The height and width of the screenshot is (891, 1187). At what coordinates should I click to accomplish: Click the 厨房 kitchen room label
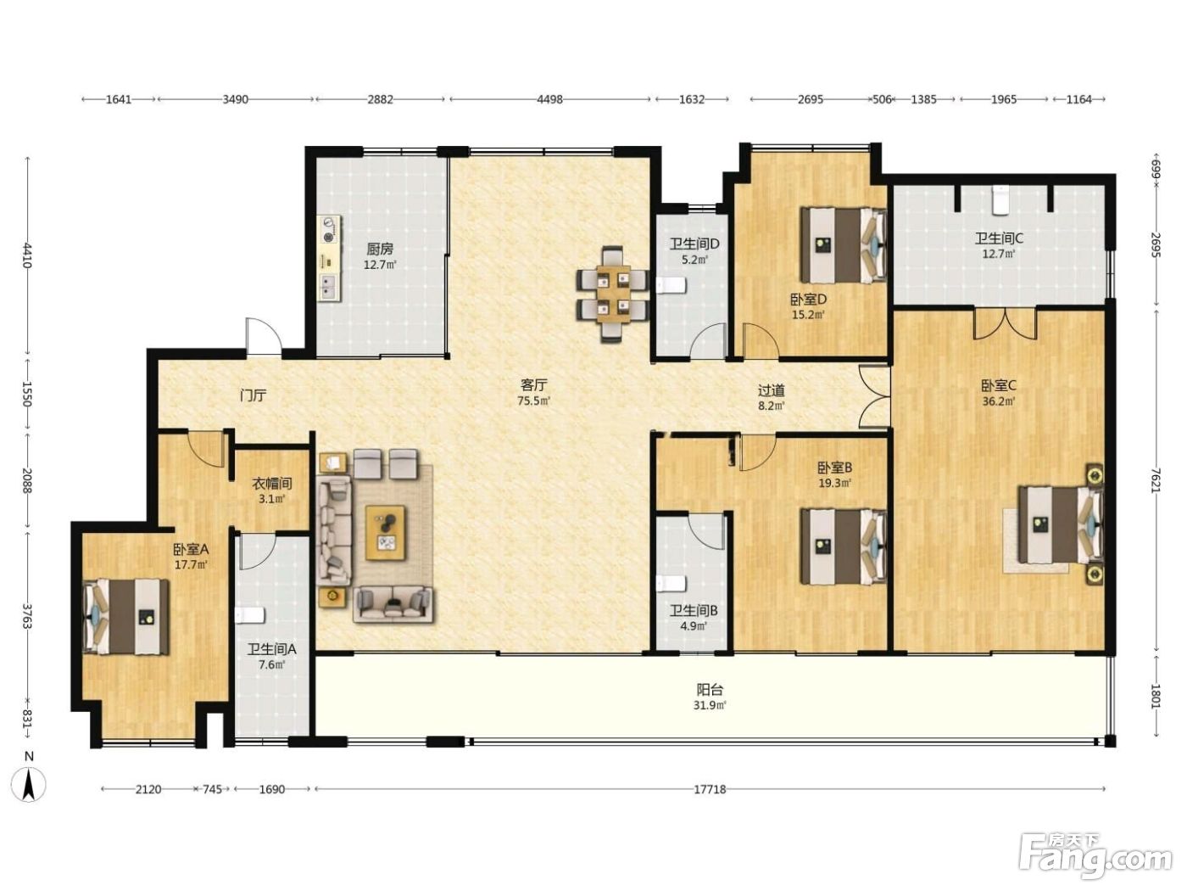pyautogui.click(x=380, y=249)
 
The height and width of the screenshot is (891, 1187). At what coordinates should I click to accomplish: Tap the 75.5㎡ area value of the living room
pyautogui.click(x=534, y=401)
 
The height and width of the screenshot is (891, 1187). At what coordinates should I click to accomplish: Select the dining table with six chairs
pyautogui.click(x=613, y=294)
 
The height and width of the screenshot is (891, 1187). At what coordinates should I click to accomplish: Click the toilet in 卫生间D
pyautogui.click(x=671, y=285)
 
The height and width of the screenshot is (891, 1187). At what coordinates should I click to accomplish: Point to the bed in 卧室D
pyautogui.click(x=844, y=245)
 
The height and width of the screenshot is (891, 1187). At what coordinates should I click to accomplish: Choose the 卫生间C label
pyautogui.click(x=999, y=238)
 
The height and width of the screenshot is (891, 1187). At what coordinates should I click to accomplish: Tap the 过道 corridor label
pyautogui.click(x=772, y=390)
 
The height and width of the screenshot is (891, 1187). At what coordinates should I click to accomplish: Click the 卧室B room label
pyautogui.click(x=834, y=467)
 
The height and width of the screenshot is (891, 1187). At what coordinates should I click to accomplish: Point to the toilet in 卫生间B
pyautogui.click(x=671, y=584)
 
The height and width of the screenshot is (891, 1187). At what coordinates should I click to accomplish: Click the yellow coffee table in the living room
pyautogui.click(x=385, y=533)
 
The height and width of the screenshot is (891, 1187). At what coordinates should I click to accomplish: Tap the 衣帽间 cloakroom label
pyautogui.click(x=272, y=483)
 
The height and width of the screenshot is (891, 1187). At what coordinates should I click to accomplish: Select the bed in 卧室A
pyautogui.click(x=126, y=617)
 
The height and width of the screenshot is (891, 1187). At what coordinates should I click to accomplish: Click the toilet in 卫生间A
pyautogui.click(x=250, y=616)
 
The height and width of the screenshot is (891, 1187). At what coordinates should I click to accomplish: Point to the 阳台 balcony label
pyautogui.click(x=710, y=690)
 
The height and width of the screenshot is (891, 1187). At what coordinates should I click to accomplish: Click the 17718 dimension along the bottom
pyautogui.click(x=710, y=789)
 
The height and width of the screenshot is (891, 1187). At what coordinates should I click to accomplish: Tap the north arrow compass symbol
pyautogui.click(x=29, y=780)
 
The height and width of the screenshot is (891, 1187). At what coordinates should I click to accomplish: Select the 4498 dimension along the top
pyautogui.click(x=550, y=99)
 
